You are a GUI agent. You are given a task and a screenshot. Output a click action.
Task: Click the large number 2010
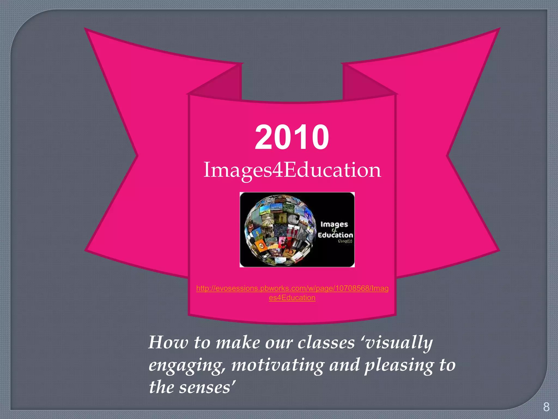click(292, 137)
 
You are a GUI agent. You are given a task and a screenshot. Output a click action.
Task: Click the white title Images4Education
click(292, 170)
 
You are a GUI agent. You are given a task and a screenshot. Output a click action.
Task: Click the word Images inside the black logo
click(334, 224)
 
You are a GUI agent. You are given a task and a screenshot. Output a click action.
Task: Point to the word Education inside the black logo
click(335, 235)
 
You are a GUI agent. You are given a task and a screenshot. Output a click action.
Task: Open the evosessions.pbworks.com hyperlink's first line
click(292, 288)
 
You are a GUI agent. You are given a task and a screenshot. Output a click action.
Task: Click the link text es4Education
click(292, 298)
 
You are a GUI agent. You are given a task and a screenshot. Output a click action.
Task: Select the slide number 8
click(546, 407)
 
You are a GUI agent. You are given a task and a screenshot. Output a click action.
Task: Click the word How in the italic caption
click(168, 342)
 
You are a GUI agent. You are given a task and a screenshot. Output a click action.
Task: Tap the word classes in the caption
click(326, 342)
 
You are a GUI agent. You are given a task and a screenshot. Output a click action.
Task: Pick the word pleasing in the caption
click(399, 366)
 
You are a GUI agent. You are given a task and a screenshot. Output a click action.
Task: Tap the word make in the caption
click(238, 342)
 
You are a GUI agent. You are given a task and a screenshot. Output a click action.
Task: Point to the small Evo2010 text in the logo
click(345, 241)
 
